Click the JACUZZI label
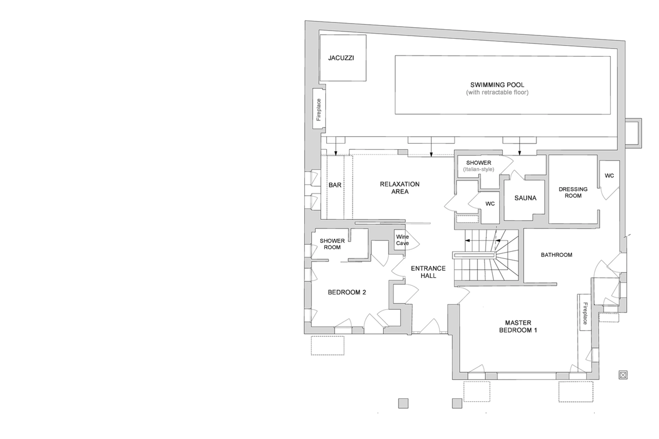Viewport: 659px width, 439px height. [341, 58]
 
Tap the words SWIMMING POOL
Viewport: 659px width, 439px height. [497, 85]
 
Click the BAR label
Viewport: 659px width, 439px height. [335, 185]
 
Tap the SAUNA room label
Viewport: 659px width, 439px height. [525, 198]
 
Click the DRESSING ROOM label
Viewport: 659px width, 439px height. [573, 192]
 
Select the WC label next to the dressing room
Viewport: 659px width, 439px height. [609, 175]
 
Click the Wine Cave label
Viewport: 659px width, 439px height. [402, 240]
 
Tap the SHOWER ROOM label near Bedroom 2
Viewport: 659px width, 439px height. [332, 244]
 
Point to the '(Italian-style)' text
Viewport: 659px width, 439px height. [478, 169]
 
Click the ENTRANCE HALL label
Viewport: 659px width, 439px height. [428, 272]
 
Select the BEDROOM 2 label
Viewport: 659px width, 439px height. [347, 292]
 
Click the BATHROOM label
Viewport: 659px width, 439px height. [556, 255]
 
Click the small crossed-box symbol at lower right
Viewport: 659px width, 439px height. [623, 375]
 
